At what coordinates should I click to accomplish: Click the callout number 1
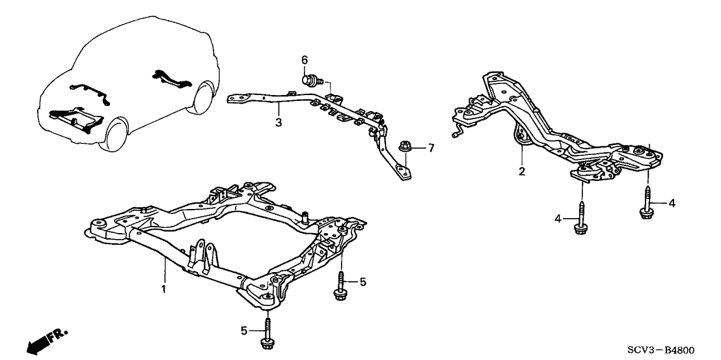point(164,288)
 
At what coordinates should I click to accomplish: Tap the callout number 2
point(521,172)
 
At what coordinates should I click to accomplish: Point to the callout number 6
point(304,61)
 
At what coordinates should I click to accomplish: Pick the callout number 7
point(430,149)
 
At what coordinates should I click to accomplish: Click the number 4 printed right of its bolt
point(672,204)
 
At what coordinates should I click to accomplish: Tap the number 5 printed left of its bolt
point(244,331)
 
